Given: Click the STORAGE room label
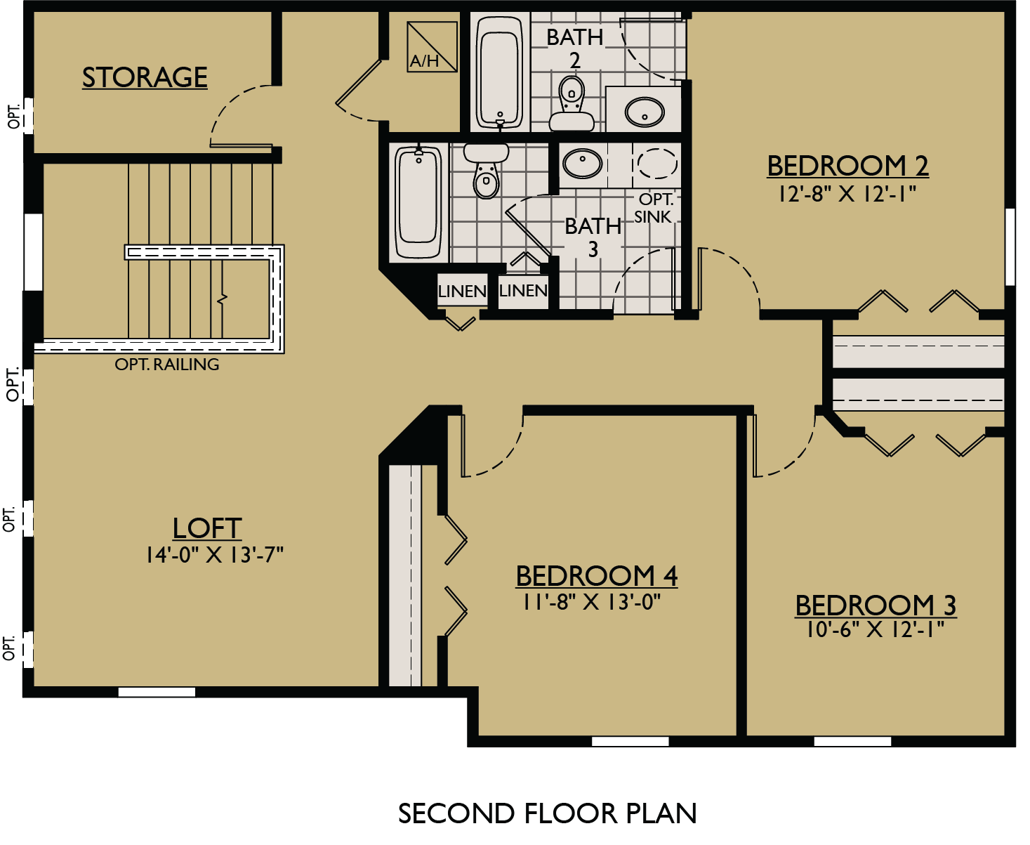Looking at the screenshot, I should [145, 77].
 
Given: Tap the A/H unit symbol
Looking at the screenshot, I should [432, 46].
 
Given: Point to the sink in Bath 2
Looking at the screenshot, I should [644, 111].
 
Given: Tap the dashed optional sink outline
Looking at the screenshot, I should [657, 163].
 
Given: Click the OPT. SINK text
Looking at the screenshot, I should [654, 208].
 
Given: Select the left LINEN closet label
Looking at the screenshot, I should [462, 291].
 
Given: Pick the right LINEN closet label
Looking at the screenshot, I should [523, 290].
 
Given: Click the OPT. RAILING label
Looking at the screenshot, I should [167, 365].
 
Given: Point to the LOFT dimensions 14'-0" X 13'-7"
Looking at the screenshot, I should [214, 555].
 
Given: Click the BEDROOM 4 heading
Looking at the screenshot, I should [597, 576].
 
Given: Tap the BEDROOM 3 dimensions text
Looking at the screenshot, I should [875, 629].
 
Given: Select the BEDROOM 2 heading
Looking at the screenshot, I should [847, 166].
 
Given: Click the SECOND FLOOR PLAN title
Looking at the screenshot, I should [547, 813].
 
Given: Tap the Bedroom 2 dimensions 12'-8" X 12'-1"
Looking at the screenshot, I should [847, 194].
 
